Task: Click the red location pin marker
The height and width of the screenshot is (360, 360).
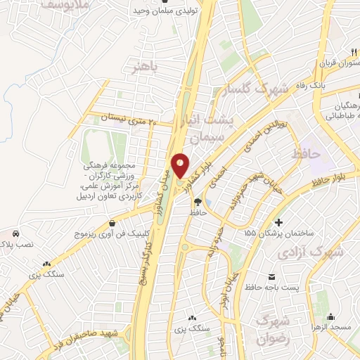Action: [x=181, y=165]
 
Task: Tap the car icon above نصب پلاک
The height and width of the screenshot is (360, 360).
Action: [x=15, y=233]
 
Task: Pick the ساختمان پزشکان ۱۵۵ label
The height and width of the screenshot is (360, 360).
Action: [x=276, y=232]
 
